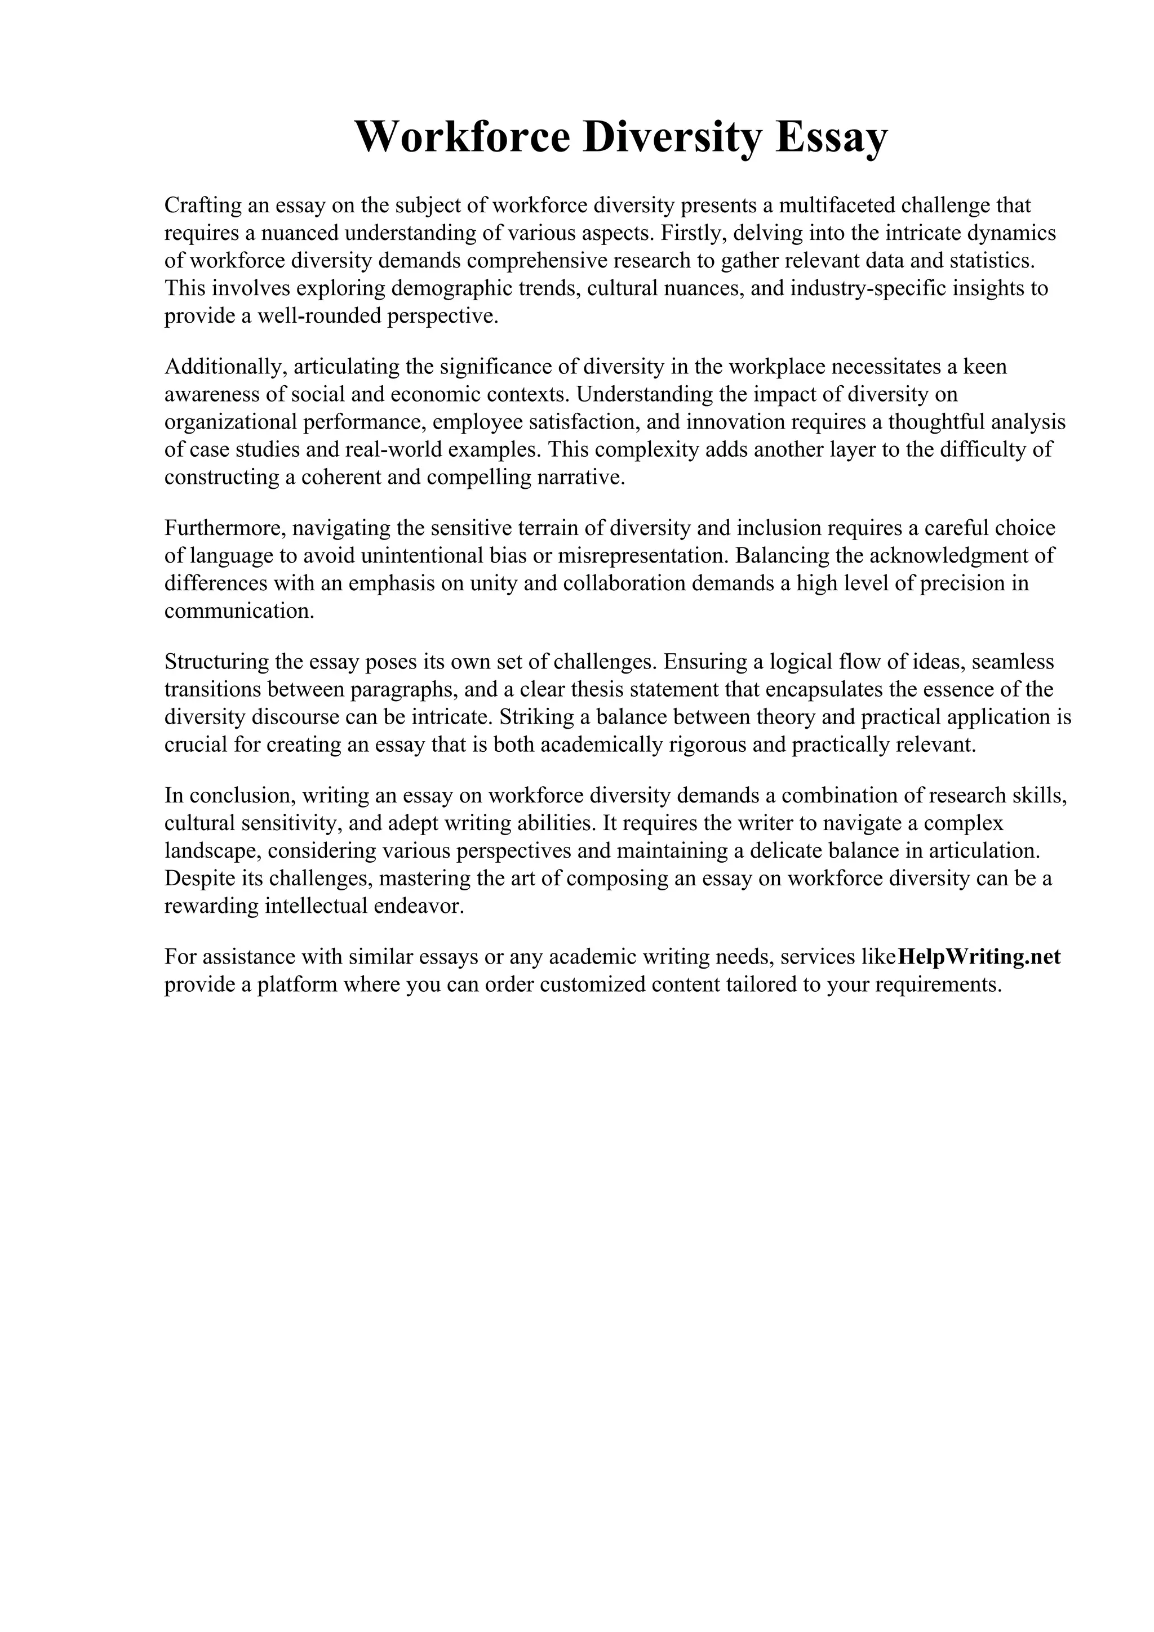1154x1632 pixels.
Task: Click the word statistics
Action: tap(993, 260)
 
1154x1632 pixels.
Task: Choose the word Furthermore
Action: tap(225, 528)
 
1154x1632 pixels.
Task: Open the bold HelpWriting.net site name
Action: tap(979, 957)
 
